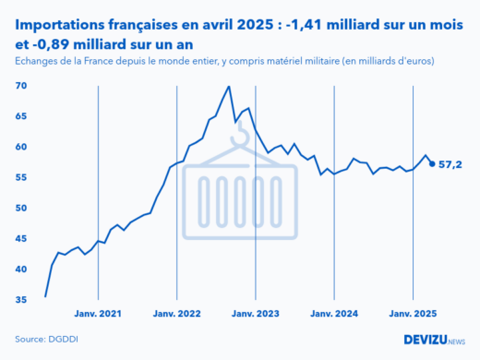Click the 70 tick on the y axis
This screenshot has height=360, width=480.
(20, 86)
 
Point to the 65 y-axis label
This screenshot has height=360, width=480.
(20, 116)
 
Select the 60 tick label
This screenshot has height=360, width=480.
(20, 147)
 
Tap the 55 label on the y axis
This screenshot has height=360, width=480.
(20, 177)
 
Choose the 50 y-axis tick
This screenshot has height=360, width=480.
(20, 208)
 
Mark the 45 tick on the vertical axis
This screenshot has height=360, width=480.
(20, 238)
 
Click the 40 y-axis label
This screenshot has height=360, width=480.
(20, 269)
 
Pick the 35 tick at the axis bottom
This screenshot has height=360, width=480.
(20, 300)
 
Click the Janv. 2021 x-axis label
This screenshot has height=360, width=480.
(98, 314)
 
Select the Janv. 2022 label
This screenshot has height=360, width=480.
(176, 314)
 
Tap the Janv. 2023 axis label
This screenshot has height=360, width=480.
(255, 314)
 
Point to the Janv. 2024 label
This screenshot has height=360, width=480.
(333, 314)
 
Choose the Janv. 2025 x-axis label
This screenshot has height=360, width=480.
(412, 314)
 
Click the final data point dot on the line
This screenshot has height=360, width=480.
(433, 164)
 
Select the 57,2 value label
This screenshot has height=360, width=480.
(451, 164)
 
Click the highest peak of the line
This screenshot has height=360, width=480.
(228, 87)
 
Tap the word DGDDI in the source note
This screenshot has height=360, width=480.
(62, 339)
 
